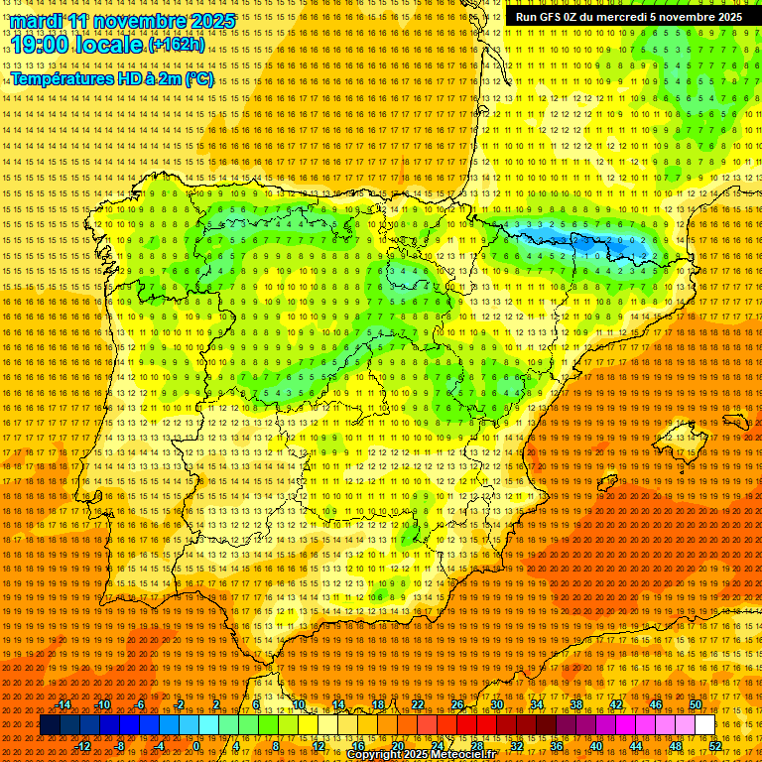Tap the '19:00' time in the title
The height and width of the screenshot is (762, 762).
pyautogui.click(x=41, y=45)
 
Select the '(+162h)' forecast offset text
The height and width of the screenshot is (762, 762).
pyautogui.click(x=177, y=45)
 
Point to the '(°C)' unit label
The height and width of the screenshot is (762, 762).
pyautogui.click(x=198, y=78)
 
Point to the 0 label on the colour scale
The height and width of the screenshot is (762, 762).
pyautogui.click(x=196, y=746)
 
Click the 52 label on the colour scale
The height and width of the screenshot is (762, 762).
pyautogui.click(x=715, y=746)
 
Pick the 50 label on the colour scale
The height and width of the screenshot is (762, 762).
pyautogui.click(x=696, y=704)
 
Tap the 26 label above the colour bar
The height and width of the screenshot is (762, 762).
pyautogui.click(x=457, y=704)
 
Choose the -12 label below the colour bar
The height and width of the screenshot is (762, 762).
pyautogui.click(x=84, y=746)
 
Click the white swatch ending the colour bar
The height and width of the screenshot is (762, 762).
pyautogui.click(x=704, y=725)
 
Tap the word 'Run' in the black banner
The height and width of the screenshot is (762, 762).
pyautogui.click(x=528, y=17)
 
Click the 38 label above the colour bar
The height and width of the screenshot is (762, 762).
pyautogui.click(x=576, y=704)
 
